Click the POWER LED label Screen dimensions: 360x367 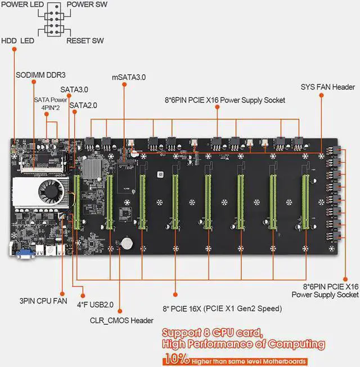[22, 5]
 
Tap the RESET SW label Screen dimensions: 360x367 [85, 41]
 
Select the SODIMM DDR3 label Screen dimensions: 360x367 [40, 75]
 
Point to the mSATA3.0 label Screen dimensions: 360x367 [129, 77]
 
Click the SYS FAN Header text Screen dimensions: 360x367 [328, 87]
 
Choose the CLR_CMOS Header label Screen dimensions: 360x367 [121, 320]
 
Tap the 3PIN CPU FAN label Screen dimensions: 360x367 [43, 301]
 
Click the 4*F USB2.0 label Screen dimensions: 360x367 [95, 305]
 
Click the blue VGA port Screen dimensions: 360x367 [25, 254]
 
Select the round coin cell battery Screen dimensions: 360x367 [127, 243]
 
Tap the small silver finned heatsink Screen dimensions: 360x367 [92, 169]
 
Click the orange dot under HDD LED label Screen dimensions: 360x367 [14, 49]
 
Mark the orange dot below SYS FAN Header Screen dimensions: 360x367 [321, 95]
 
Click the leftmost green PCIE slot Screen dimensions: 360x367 [76, 202]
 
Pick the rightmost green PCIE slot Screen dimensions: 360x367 [305, 202]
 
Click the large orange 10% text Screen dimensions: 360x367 [177, 359]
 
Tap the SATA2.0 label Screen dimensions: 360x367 [83, 106]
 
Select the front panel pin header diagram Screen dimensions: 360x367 [54, 20]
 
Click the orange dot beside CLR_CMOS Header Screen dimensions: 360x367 [120, 311]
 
